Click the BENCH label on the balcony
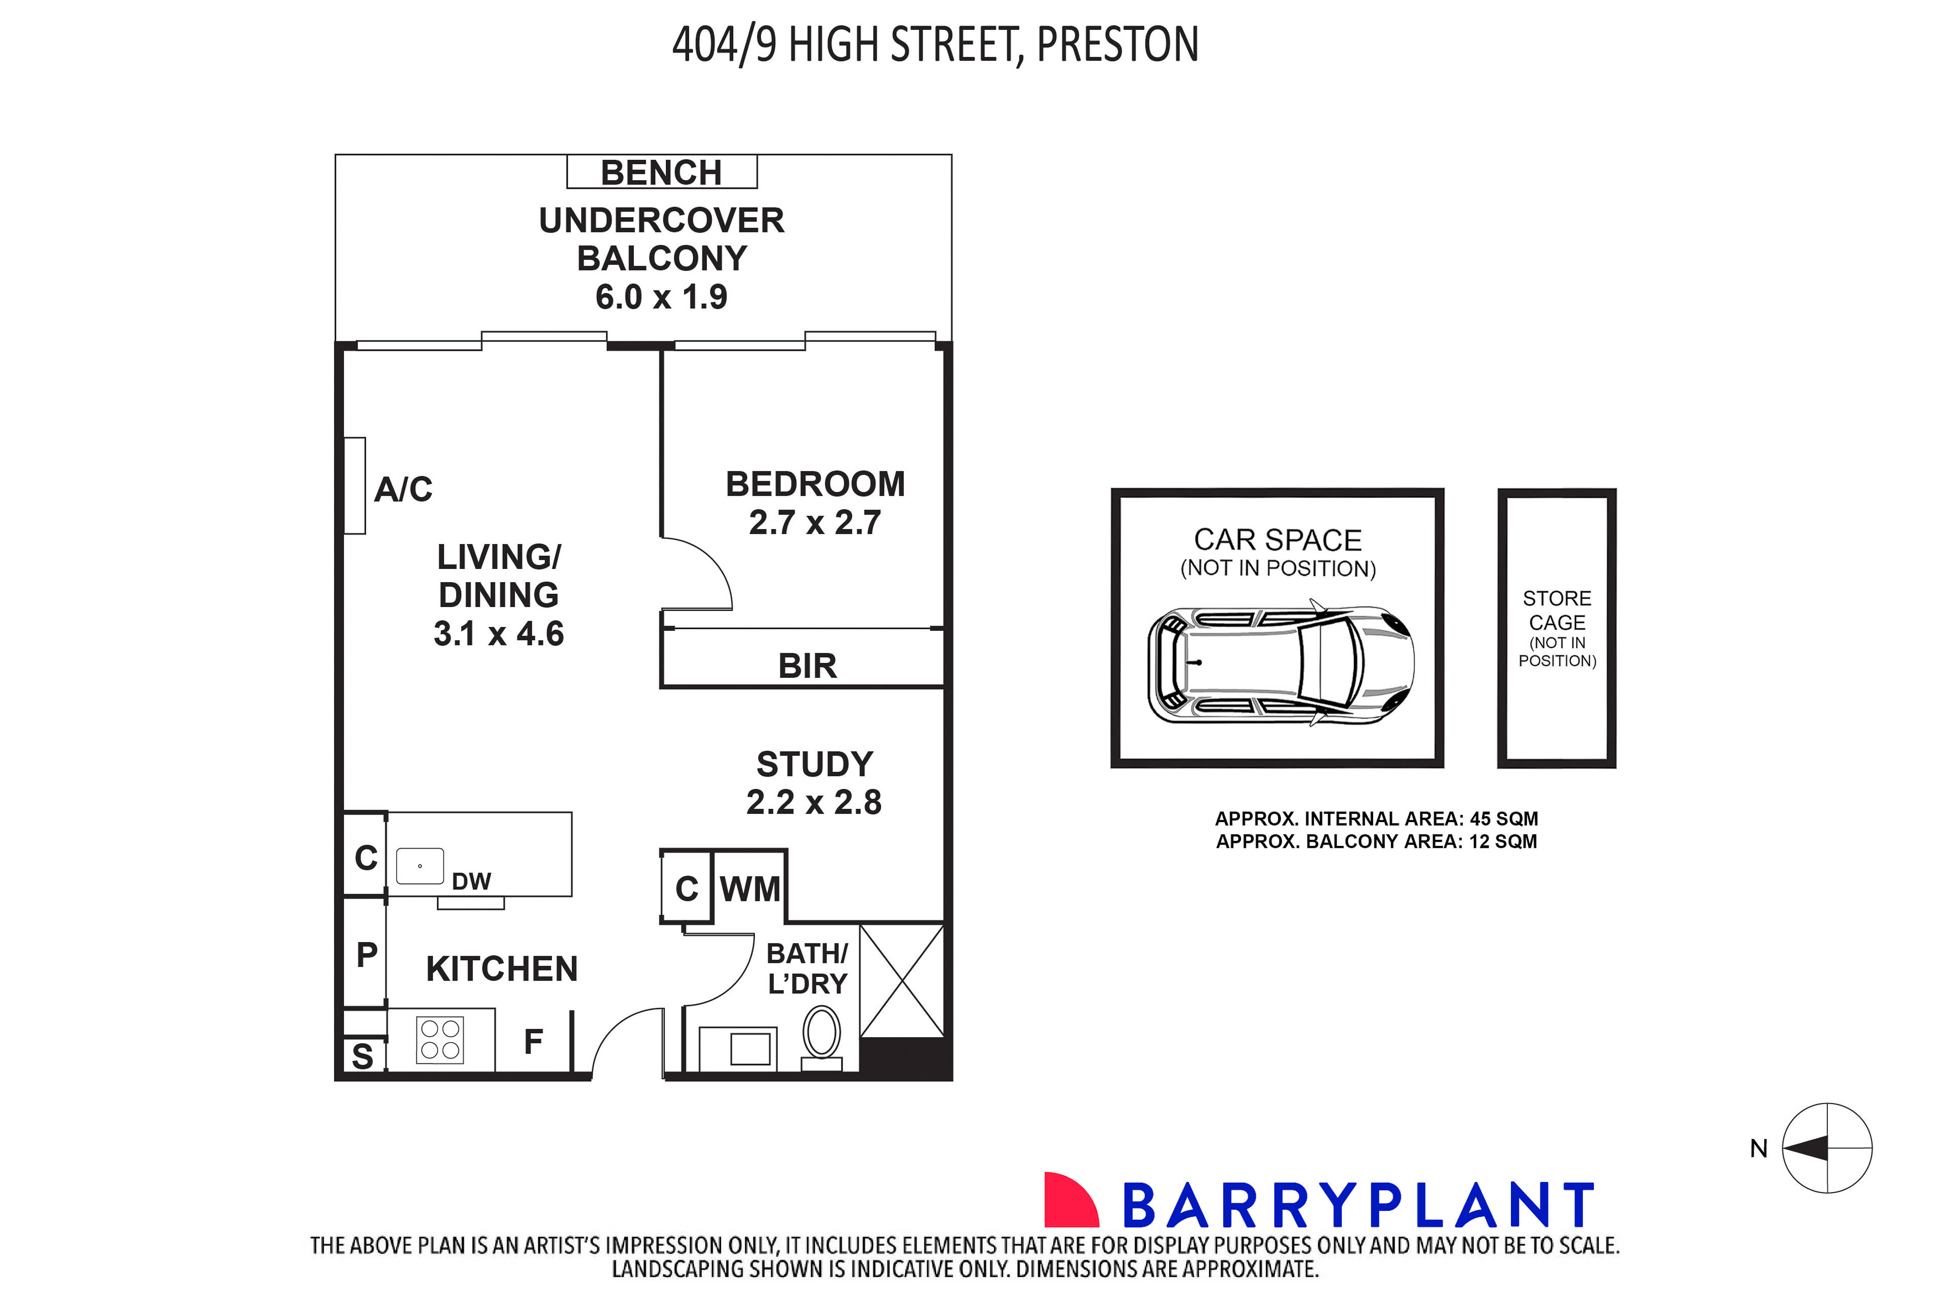(x=661, y=173)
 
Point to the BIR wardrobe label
(x=807, y=666)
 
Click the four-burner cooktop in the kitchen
(x=440, y=1040)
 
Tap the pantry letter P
(x=367, y=954)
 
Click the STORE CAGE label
(x=1556, y=611)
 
